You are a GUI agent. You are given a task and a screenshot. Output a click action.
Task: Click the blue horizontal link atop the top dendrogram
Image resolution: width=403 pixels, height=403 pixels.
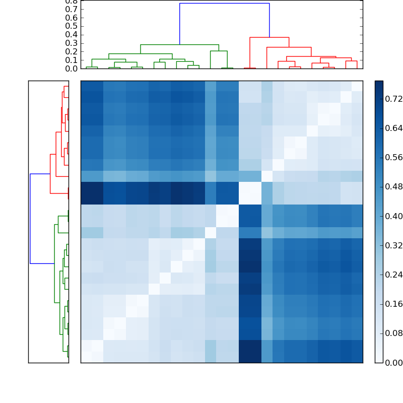coord(224,4)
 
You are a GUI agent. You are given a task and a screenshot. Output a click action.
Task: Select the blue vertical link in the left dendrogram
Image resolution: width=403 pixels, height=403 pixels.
coord(30,219)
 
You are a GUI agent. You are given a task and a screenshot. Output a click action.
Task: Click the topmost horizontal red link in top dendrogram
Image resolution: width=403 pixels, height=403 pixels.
coord(269,37)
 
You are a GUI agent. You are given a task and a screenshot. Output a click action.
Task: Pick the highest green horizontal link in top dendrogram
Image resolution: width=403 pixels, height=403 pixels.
coord(179,45)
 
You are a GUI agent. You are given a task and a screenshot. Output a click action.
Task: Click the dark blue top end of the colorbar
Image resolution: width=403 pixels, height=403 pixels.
coord(379,83)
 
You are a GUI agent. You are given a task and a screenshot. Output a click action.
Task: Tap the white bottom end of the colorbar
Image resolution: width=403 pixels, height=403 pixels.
coord(379,360)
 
